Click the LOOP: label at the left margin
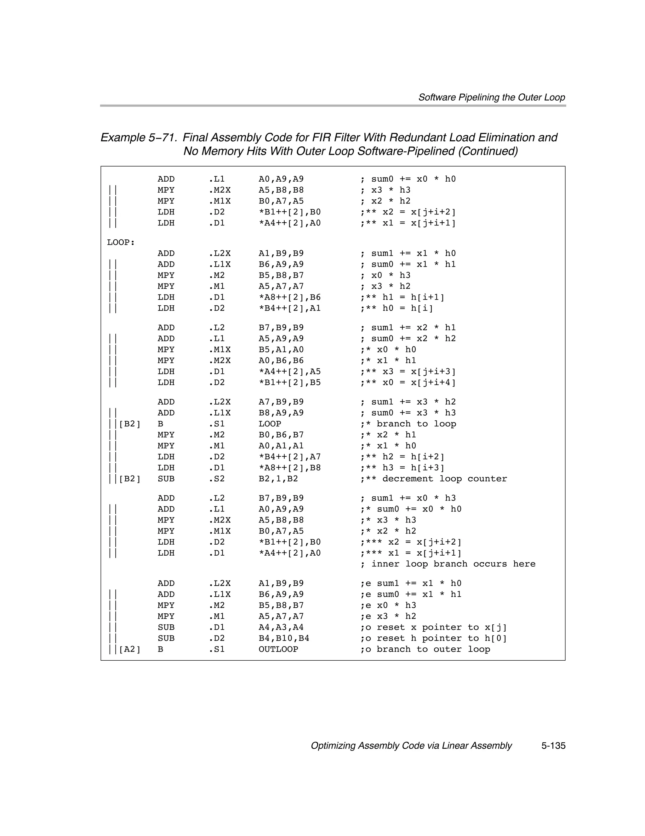[x=121, y=242]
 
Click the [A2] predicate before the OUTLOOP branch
[x=130, y=649]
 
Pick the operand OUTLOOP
[x=278, y=649]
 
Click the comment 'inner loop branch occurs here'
[x=453, y=564]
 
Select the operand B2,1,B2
[x=278, y=479]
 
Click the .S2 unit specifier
[x=216, y=479]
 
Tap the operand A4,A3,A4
[x=281, y=627]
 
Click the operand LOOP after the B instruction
[x=270, y=424]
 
